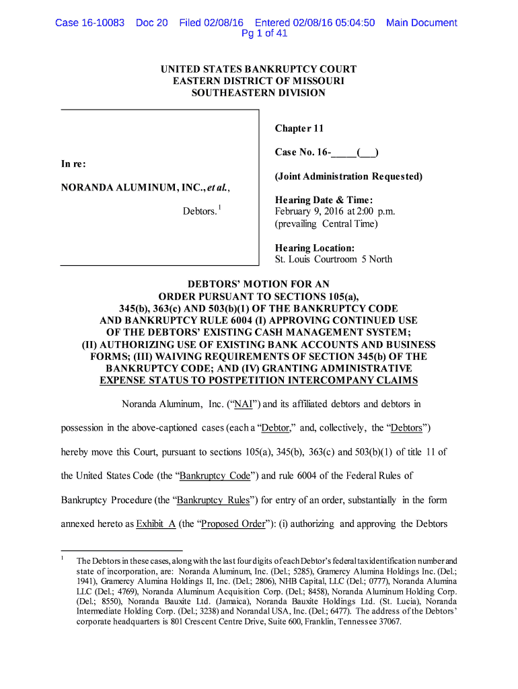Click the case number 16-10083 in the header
click(x=100, y=23)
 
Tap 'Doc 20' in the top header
click(x=151, y=23)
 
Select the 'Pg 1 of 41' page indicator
click(x=264, y=34)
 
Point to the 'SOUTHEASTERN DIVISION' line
click(x=258, y=93)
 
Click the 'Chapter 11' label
click(x=300, y=129)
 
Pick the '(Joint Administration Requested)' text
click(x=348, y=176)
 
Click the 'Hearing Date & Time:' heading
click(x=324, y=200)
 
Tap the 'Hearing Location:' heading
click(x=314, y=248)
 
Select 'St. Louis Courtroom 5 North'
click(x=333, y=259)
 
